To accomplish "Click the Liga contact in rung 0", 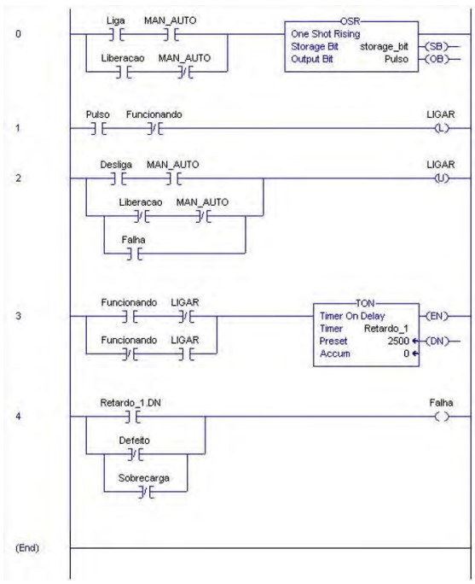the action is [117, 34].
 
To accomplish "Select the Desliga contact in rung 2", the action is [119, 178].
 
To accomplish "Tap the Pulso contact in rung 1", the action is [99, 128].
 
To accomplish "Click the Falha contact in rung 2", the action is [134, 254].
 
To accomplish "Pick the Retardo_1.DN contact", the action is [133, 417].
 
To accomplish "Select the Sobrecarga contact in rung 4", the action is [147, 492].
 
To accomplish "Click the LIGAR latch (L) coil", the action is [442, 128].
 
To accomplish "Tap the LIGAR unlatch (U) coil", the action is [442, 178].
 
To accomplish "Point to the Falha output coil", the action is [442, 417].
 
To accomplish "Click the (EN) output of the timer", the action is [437, 316].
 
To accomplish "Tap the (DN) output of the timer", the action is [437, 342].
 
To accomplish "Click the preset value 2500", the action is [398, 342].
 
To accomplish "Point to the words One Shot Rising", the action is [326, 34].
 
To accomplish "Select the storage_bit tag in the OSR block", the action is [384, 47].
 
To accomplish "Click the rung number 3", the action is [18, 316].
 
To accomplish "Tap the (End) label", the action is [27, 548].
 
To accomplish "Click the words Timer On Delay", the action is [352, 316].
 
